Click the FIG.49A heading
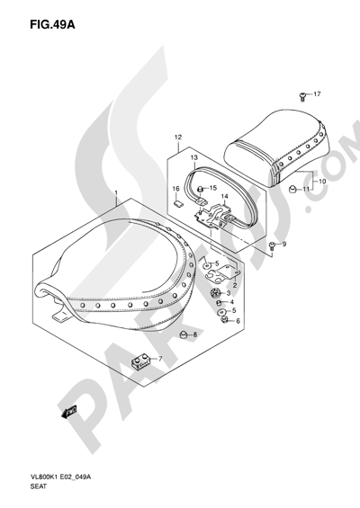point(52,24)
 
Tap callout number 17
point(317,94)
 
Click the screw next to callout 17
point(302,96)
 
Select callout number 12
point(178,137)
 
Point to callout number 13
point(193,157)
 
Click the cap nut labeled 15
point(201,188)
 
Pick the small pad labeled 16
point(178,203)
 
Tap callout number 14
point(224,197)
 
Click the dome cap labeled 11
point(292,188)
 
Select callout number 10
point(322,181)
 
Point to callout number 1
point(116,193)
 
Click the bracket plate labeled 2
point(224,273)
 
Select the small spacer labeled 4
point(220,303)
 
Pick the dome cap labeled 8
point(184,334)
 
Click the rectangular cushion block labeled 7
point(140,361)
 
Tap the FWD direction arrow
point(68,412)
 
